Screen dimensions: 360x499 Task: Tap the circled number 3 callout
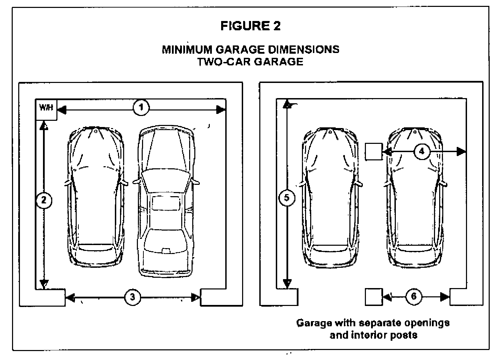pos(132,297)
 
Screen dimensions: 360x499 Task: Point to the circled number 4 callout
pos(422,151)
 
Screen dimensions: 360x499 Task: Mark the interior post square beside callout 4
pos(373,151)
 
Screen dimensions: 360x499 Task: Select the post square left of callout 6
pos(373,297)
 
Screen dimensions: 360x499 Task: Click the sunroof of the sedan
pos(166,203)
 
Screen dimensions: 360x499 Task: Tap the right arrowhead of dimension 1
pos(220,110)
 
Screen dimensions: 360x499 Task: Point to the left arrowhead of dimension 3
pos(70,297)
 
